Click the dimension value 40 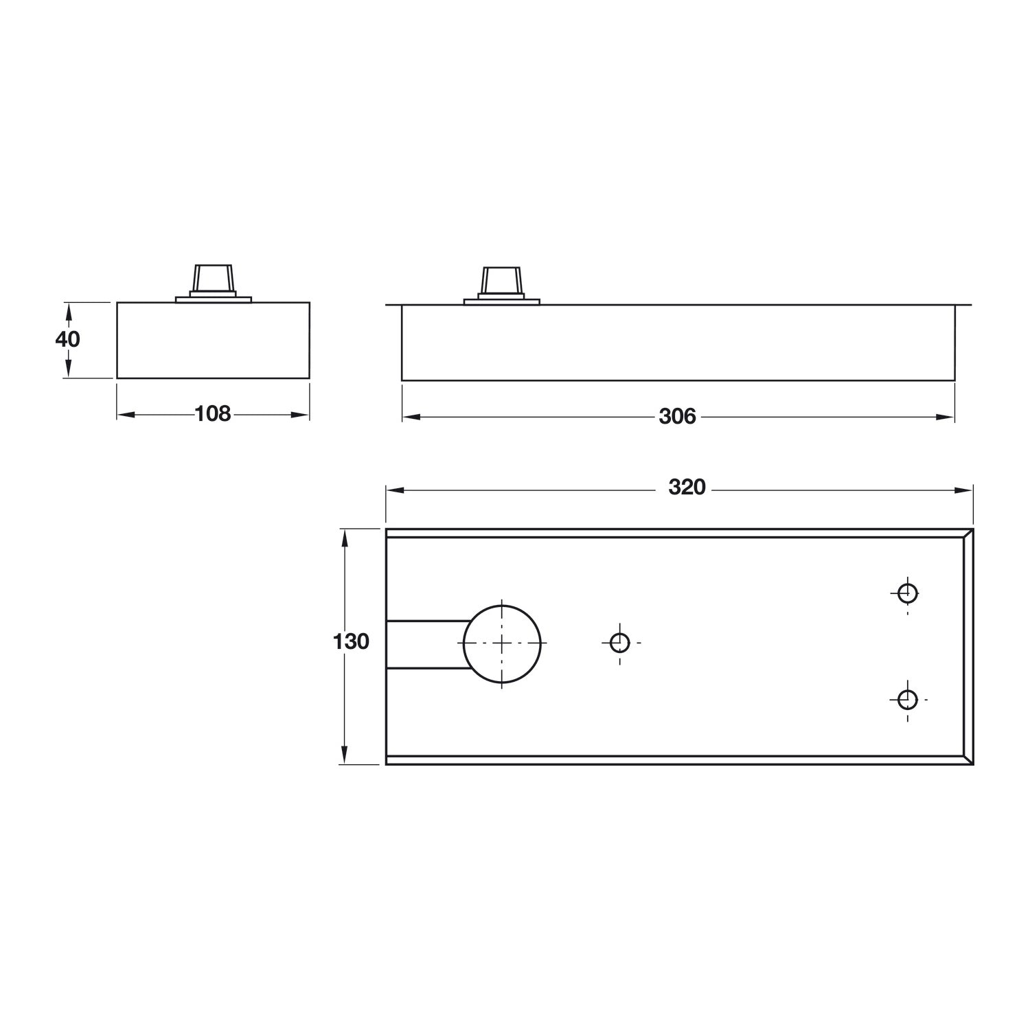(x=67, y=339)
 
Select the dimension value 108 (x=213, y=414)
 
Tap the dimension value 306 (x=677, y=416)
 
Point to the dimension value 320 (x=687, y=487)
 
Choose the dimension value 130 (x=351, y=642)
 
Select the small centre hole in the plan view (x=620, y=643)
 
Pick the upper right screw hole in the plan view (x=907, y=592)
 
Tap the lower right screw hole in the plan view (x=907, y=700)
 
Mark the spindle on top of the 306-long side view (x=502, y=282)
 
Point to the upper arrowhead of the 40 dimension (x=67, y=310)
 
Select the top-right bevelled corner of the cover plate (x=968, y=534)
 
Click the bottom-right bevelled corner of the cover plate (x=968, y=760)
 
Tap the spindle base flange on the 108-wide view (x=214, y=299)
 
